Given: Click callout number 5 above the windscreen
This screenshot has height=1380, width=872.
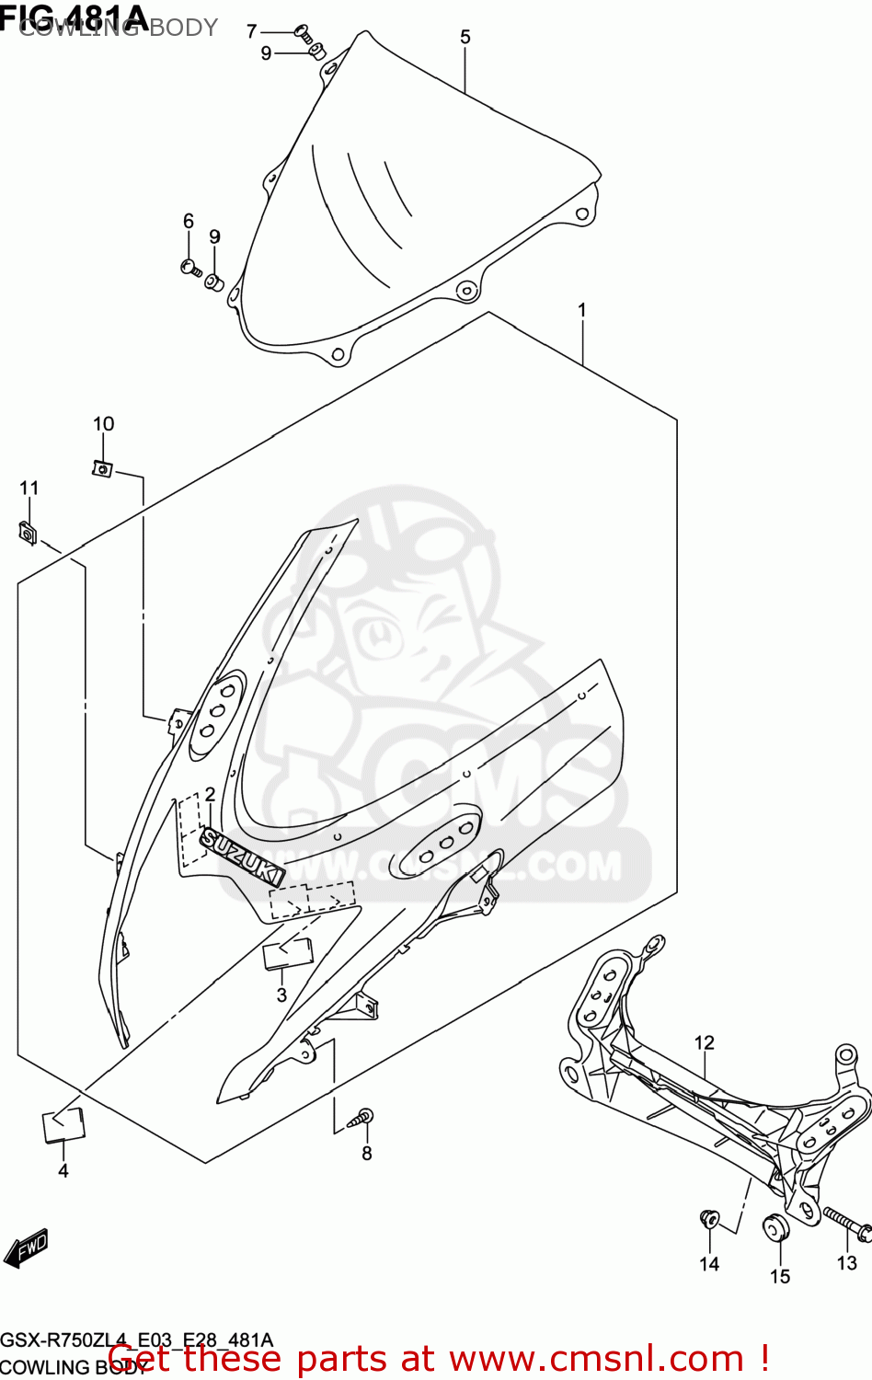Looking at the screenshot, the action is coord(465,37).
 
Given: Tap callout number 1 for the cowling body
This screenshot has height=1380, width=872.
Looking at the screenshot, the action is coord(581,311).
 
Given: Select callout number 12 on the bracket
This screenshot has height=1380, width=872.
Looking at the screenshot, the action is coord(704,1042).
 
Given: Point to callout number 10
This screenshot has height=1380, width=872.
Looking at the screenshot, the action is coord(103,424).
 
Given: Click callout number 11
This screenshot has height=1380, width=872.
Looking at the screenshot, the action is coord(29,489).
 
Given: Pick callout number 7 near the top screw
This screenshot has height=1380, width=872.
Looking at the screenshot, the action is coord(252,31).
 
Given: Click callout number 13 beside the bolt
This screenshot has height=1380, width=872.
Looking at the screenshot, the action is coord(846,1263).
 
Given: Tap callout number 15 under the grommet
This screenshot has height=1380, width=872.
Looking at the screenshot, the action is coord(780,1276).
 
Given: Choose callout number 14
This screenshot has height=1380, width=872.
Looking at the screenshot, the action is coord(709,1264).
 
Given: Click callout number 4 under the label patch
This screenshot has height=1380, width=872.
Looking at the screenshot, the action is coord(63,1171).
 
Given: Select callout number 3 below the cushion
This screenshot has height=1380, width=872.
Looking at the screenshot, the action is coord(281,995).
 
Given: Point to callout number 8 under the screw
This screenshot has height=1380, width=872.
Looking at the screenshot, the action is coord(366,1154).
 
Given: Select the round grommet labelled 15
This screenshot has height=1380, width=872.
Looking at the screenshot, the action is coord(778,1227).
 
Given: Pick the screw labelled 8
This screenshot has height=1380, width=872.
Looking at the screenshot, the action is coord(361,1120).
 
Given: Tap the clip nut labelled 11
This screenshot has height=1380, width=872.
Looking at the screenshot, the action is coord(28,533).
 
